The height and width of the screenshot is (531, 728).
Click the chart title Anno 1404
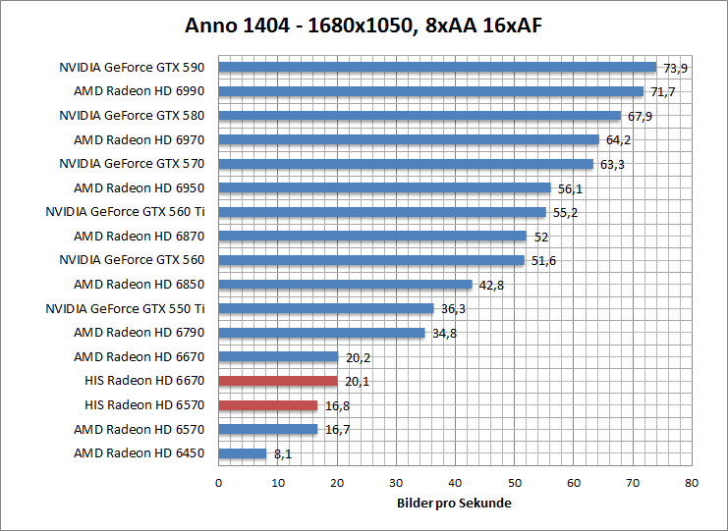(364, 26)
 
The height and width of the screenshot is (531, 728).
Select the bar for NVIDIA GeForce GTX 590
(437, 68)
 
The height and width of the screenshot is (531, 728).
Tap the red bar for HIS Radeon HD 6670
(278, 381)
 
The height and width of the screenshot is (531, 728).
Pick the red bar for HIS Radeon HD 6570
(268, 405)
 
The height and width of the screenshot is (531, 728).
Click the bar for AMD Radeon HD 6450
(243, 453)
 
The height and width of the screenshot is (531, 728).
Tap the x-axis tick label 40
(455, 483)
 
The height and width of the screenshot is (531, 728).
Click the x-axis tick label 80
(692, 483)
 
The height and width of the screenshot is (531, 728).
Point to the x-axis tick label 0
(218, 483)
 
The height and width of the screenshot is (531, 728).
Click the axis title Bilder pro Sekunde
(455, 503)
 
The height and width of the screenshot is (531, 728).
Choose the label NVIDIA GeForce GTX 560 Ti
(130, 212)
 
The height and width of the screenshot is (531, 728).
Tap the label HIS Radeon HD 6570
(147, 405)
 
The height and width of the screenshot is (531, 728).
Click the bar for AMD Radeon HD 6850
(345, 285)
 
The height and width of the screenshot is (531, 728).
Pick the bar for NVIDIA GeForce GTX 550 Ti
(326, 308)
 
